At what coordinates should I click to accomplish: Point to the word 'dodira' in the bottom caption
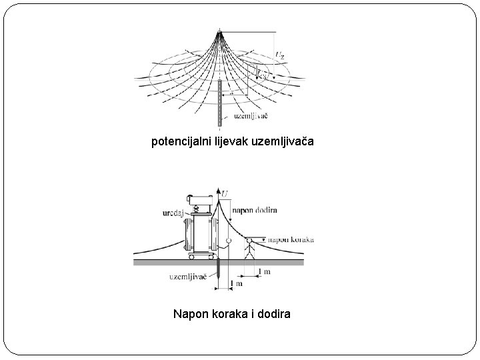[273, 313]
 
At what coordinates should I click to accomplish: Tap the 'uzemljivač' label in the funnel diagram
[251, 115]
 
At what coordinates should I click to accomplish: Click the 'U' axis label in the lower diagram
[225, 193]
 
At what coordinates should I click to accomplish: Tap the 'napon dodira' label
[254, 209]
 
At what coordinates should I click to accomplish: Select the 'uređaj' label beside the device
[172, 213]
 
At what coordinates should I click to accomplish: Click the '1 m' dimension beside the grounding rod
[236, 284]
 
